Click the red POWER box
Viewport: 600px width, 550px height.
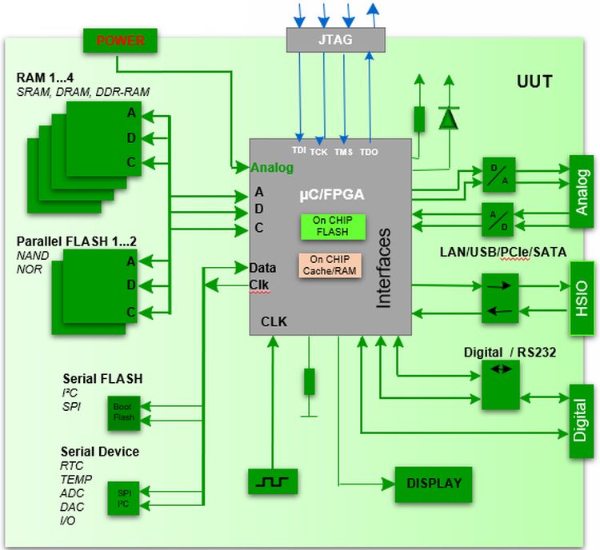120,39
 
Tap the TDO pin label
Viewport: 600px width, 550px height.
369,151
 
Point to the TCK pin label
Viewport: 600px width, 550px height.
318,151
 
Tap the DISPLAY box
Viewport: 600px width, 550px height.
434,483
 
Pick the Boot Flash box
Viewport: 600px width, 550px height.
122,412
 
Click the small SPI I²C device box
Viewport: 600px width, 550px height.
122,498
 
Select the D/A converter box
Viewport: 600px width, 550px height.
498,173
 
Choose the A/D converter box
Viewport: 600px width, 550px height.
498,218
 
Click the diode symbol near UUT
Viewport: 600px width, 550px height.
449,118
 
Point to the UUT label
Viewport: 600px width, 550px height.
534,82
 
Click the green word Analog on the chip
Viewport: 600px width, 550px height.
272,168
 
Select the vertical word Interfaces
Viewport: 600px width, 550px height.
385,267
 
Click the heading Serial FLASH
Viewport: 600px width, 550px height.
102,378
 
